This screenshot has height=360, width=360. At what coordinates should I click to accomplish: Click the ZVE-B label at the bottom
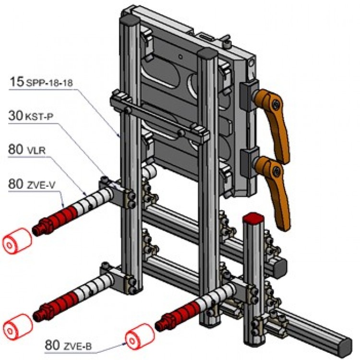pos(79,345)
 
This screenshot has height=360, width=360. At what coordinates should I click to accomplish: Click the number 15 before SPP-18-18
pos(16,82)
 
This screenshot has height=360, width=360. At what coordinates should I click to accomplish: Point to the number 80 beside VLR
pos(15,149)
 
